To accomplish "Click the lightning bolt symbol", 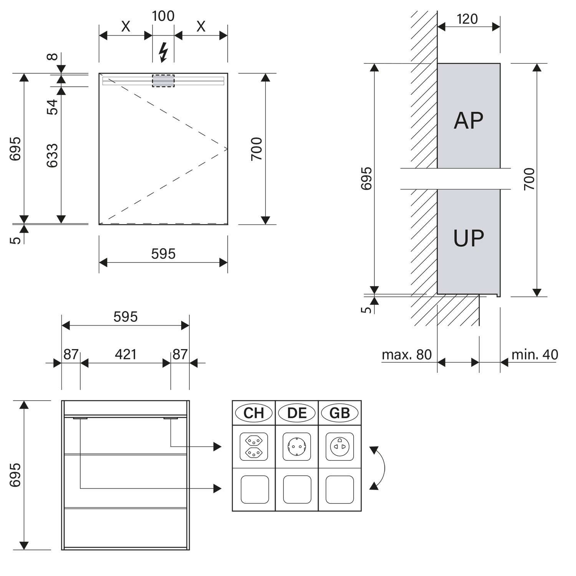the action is coord(164,52).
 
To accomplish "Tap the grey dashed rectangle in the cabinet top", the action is coord(163,81).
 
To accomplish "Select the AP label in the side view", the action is coord(468,121).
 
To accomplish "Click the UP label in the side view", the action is coord(468,238).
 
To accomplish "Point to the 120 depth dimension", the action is coord(467,19).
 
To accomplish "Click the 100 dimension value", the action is coord(163,16).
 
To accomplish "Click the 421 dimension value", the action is coord(126,354).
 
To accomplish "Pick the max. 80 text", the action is coord(407,354).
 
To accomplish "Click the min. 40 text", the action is coord(535,354).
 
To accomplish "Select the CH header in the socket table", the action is coord(254,413).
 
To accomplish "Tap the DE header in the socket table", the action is coord(297,413).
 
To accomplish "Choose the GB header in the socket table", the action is coord(340,413).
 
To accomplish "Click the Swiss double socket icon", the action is coord(254,447).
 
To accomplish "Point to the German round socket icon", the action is coord(297,447).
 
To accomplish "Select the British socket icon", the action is coord(340,447).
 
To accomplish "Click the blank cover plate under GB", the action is coord(340,490).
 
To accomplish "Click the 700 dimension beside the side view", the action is coord(529,179).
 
